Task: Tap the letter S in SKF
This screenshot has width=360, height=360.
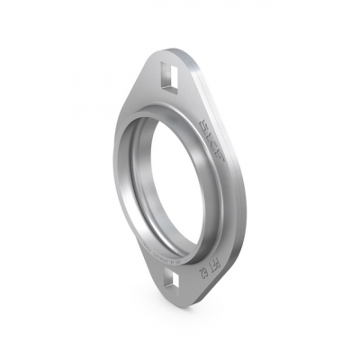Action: coord(212,124)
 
